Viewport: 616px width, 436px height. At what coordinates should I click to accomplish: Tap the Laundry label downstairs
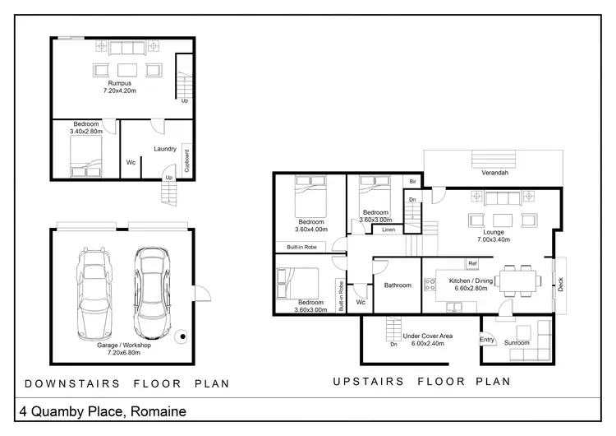click(166, 149)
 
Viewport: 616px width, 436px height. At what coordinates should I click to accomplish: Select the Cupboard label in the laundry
click(187, 158)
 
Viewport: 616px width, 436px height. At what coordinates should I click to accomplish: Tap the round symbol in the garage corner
click(181, 336)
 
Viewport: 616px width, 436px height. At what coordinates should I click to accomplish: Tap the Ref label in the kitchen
click(472, 263)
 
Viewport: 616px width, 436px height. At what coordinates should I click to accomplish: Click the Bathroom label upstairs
click(397, 285)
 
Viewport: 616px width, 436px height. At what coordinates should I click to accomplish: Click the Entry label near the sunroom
click(487, 340)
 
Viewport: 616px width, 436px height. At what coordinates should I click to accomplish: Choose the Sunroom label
click(517, 342)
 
